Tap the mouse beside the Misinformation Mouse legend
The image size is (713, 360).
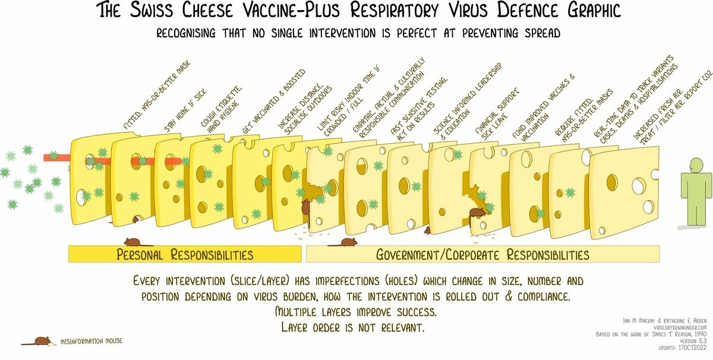(41, 342)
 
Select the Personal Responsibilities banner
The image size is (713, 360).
(184, 255)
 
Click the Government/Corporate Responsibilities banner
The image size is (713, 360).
(482, 255)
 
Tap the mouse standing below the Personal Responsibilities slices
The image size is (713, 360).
(137, 242)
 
